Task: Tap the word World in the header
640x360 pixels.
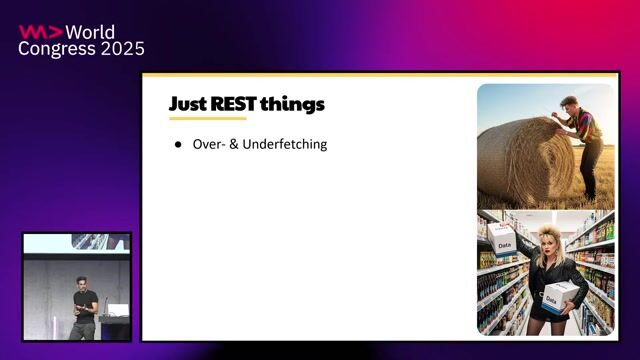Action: pos(94,31)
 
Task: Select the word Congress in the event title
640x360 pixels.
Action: pos(58,49)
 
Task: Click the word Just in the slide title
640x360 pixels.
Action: pos(188,104)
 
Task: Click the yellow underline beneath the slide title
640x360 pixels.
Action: pos(207,118)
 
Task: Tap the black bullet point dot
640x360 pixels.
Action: pos(178,145)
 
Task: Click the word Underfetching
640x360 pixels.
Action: pos(284,145)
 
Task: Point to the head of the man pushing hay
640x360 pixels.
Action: pos(565,103)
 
